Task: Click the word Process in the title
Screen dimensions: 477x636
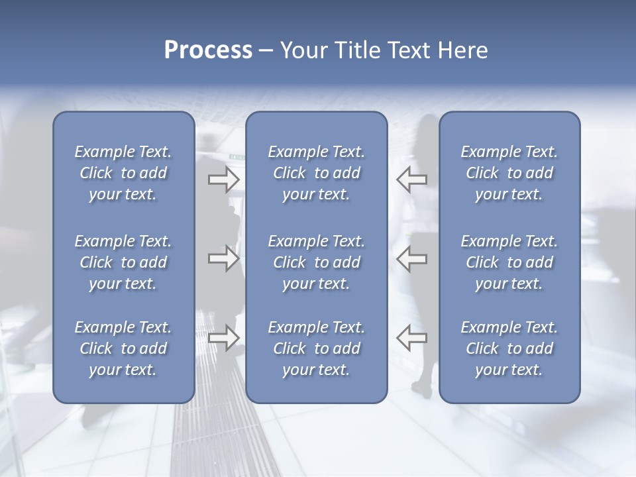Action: pyautogui.click(x=208, y=50)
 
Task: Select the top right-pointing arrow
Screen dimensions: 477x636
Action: pyautogui.click(x=223, y=179)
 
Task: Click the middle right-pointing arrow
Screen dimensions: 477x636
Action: pyautogui.click(x=223, y=258)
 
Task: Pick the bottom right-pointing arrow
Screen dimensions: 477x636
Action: pyautogui.click(x=223, y=338)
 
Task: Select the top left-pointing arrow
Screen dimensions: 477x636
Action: pyautogui.click(x=411, y=179)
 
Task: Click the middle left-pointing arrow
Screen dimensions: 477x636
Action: pyautogui.click(x=411, y=258)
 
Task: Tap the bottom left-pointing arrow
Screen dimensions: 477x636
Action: pyautogui.click(x=411, y=338)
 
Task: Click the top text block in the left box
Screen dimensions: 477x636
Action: pyautogui.click(x=123, y=173)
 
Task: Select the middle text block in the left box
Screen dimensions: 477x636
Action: pyautogui.click(x=123, y=262)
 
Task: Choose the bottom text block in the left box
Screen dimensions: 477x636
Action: pyautogui.click(x=123, y=348)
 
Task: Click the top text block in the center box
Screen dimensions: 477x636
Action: pyautogui.click(x=317, y=173)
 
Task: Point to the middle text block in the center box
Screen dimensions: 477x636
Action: pyautogui.click(x=317, y=262)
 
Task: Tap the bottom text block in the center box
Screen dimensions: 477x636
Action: pyautogui.click(x=317, y=348)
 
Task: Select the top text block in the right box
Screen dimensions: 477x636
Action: pyautogui.click(x=509, y=173)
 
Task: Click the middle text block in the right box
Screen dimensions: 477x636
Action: pyautogui.click(x=509, y=262)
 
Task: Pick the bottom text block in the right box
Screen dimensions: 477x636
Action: pyautogui.click(x=509, y=348)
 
